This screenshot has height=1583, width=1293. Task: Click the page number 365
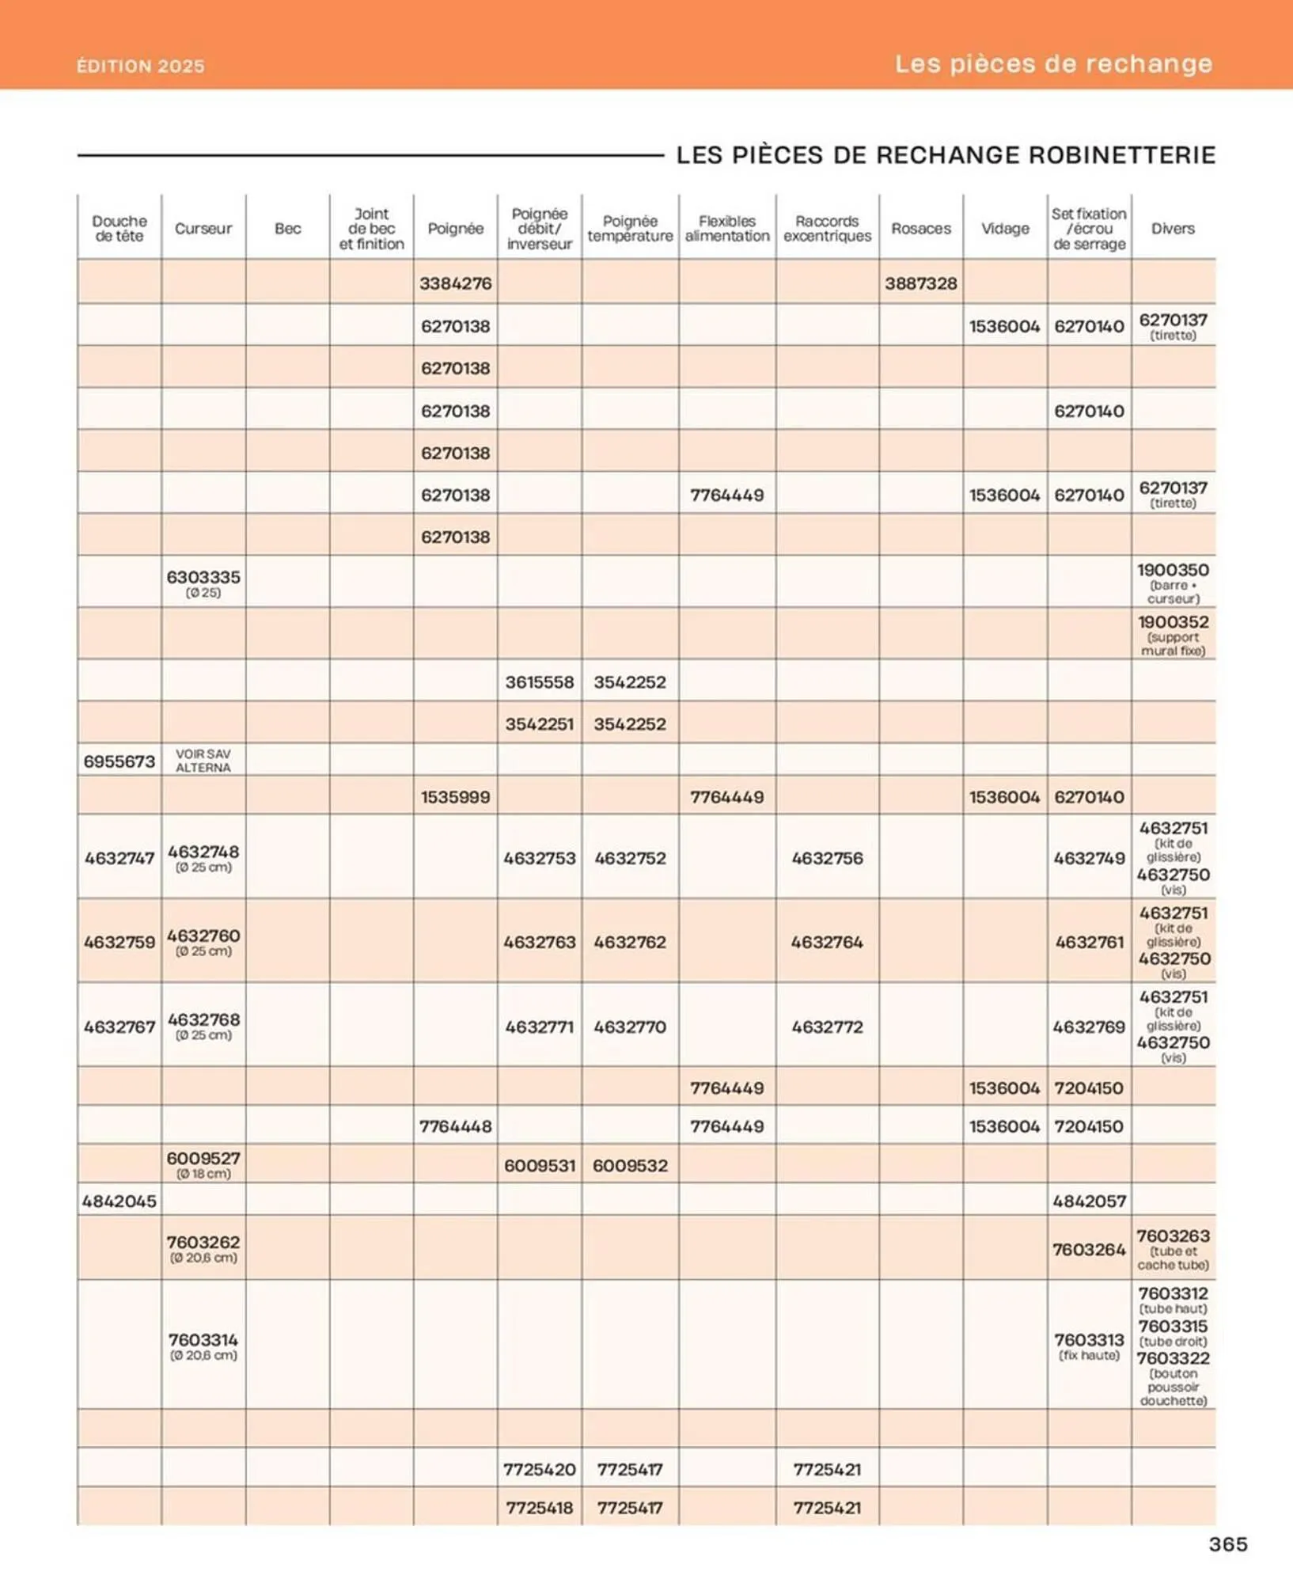pyautogui.click(x=1227, y=1544)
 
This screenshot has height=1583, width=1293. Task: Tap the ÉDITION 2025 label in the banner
pyautogui.click(x=140, y=66)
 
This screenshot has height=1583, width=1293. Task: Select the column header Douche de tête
pyautogui.click(x=119, y=229)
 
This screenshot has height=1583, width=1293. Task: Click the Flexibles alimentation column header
pyautogui.click(x=726, y=229)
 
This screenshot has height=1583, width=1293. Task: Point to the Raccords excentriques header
pyautogui.click(x=827, y=229)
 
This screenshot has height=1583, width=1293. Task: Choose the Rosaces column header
pyautogui.click(x=920, y=229)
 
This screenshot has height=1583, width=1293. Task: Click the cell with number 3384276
pyautogui.click(x=455, y=283)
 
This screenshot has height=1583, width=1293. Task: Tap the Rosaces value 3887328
pyautogui.click(x=920, y=283)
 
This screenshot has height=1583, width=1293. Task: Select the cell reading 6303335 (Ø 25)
pyautogui.click(x=203, y=583)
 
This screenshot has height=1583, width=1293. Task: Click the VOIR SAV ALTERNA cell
pyautogui.click(x=203, y=761)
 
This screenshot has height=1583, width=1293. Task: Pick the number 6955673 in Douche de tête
pyautogui.click(x=119, y=761)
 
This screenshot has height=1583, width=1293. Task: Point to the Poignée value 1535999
pyautogui.click(x=455, y=797)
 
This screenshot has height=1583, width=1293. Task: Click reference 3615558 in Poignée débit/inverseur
pyautogui.click(x=539, y=682)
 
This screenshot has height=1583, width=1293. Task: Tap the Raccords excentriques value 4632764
pyautogui.click(x=827, y=942)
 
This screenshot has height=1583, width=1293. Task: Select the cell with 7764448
pyautogui.click(x=455, y=1126)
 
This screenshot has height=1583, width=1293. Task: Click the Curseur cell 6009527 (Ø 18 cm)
pyautogui.click(x=203, y=1164)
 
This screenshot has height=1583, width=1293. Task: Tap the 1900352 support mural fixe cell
pyautogui.click(x=1173, y=635)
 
